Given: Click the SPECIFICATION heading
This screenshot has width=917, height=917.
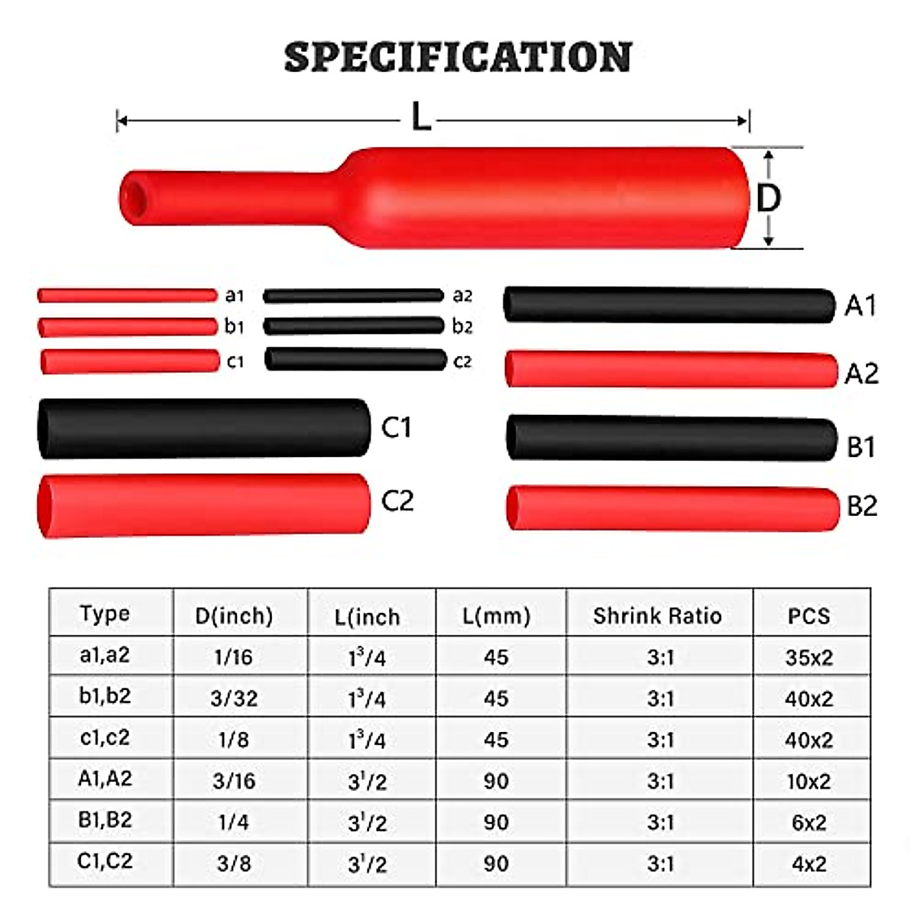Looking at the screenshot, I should tap(458, 57).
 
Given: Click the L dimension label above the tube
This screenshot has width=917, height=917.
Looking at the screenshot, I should tap(421, 118).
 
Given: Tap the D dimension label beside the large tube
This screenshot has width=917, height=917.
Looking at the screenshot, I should tap(768, 198).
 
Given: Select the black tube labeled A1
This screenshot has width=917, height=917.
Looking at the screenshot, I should tap(669, 305).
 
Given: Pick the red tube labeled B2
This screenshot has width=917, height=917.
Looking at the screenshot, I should tap(672, 508).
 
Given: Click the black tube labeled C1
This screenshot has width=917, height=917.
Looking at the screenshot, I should tap(203, 428).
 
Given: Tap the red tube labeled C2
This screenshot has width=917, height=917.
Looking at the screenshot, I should tap(203, 504).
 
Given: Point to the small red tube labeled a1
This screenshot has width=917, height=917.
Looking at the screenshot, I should tap(128, 295).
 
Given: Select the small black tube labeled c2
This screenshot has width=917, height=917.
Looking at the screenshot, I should tap(355, 360).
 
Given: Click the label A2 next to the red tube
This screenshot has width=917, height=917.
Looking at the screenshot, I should tap(861, 374).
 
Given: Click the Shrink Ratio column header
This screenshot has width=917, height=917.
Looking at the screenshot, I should tap(657, 615).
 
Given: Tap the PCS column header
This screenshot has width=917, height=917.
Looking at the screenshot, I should tap(808, 615).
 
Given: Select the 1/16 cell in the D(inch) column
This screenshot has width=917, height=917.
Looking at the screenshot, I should tap(233, 657).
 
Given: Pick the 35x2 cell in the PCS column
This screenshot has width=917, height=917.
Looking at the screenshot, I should tap(808, 657).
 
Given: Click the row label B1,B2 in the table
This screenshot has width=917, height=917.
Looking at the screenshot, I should tap(105, 820).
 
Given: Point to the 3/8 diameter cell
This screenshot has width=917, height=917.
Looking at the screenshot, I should tap(233, 864).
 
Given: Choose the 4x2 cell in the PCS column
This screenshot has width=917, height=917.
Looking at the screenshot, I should tap(808, 864).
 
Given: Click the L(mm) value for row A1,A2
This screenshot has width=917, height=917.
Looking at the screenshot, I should tap(496, 781).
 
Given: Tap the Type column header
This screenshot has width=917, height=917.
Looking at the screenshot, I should tap(105, 614).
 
